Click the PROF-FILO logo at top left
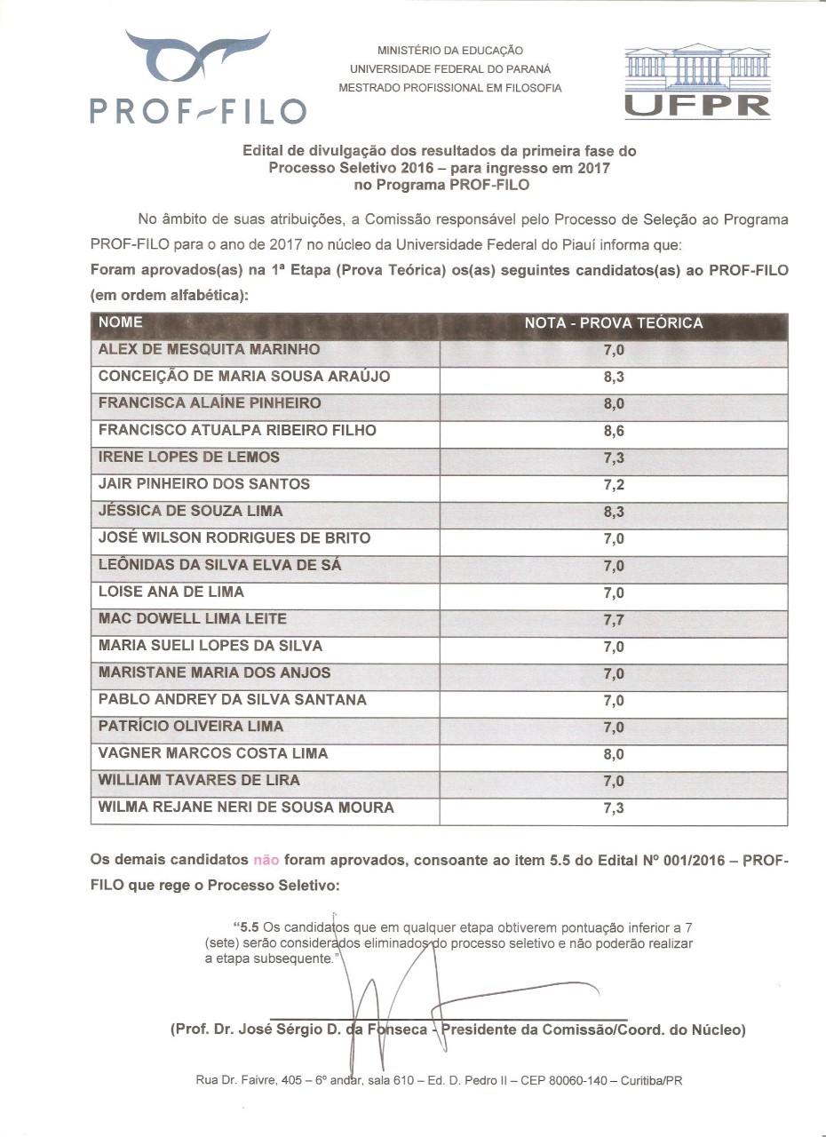coord(198,78)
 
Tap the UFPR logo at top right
coord(696,82)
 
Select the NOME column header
coord(120,322)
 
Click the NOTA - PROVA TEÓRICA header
coord(613,323)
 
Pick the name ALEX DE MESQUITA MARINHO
coord(209,349)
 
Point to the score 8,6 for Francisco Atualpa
coord(614,432)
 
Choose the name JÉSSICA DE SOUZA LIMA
coord(190,511)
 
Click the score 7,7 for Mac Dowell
coord(614,620)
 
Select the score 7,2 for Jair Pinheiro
coord(614,485)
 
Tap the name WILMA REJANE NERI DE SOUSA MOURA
coord(246,807)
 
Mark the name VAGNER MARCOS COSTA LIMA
coord(213,753)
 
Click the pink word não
coord(266,860)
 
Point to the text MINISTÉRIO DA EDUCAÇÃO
coord(450,52)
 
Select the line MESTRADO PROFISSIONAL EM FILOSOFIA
coord(450,88)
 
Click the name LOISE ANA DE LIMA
coord(171,592)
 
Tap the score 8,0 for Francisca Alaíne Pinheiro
coord(614,404)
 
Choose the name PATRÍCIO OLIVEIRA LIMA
coord(191,727)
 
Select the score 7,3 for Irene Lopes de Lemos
coord(614,458)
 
